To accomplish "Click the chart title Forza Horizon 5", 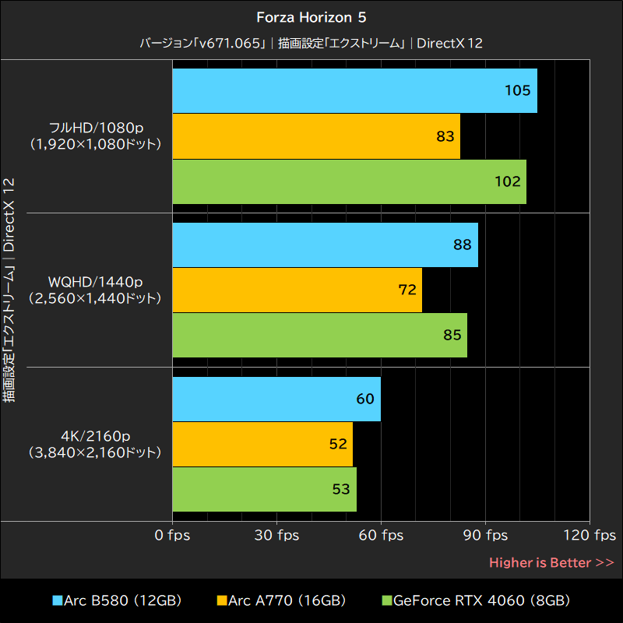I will click(x=311, y=16).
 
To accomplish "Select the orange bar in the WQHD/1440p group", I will click(x=297, y=290).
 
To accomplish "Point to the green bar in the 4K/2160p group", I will click(x=264, y=489).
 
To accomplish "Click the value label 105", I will click(x=517, y=90).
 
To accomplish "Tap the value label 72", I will click(x=407, y=290).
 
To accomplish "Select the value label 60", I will click(x=365, y=399).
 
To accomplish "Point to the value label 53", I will click(x=340, y=489).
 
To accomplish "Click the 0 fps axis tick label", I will click(x=172, y=535).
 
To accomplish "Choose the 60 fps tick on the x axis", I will click(x=381, y=535).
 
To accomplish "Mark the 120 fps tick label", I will click(x=590, y=535).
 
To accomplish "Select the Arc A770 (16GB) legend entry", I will click(x=281, y=600).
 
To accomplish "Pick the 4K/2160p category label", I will click(x=94, y=444).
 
